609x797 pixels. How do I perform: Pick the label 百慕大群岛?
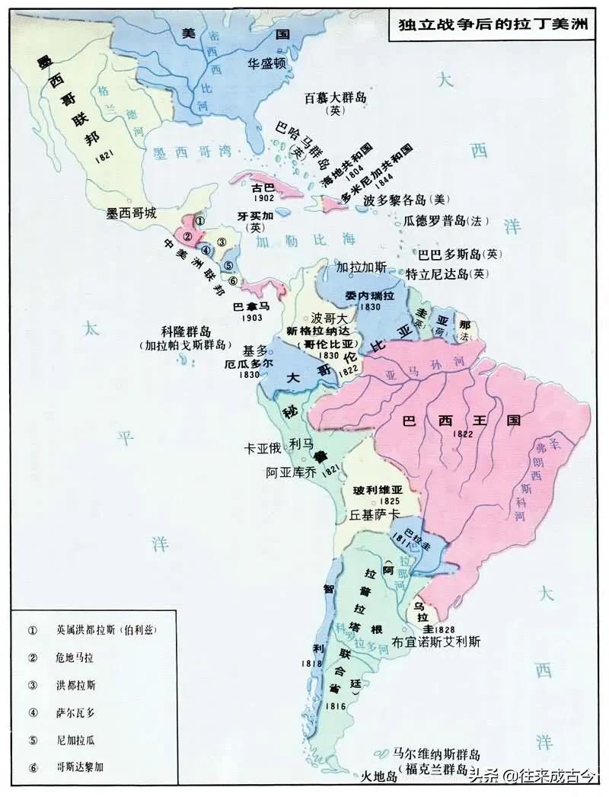336,98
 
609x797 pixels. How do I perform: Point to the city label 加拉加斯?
362,267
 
